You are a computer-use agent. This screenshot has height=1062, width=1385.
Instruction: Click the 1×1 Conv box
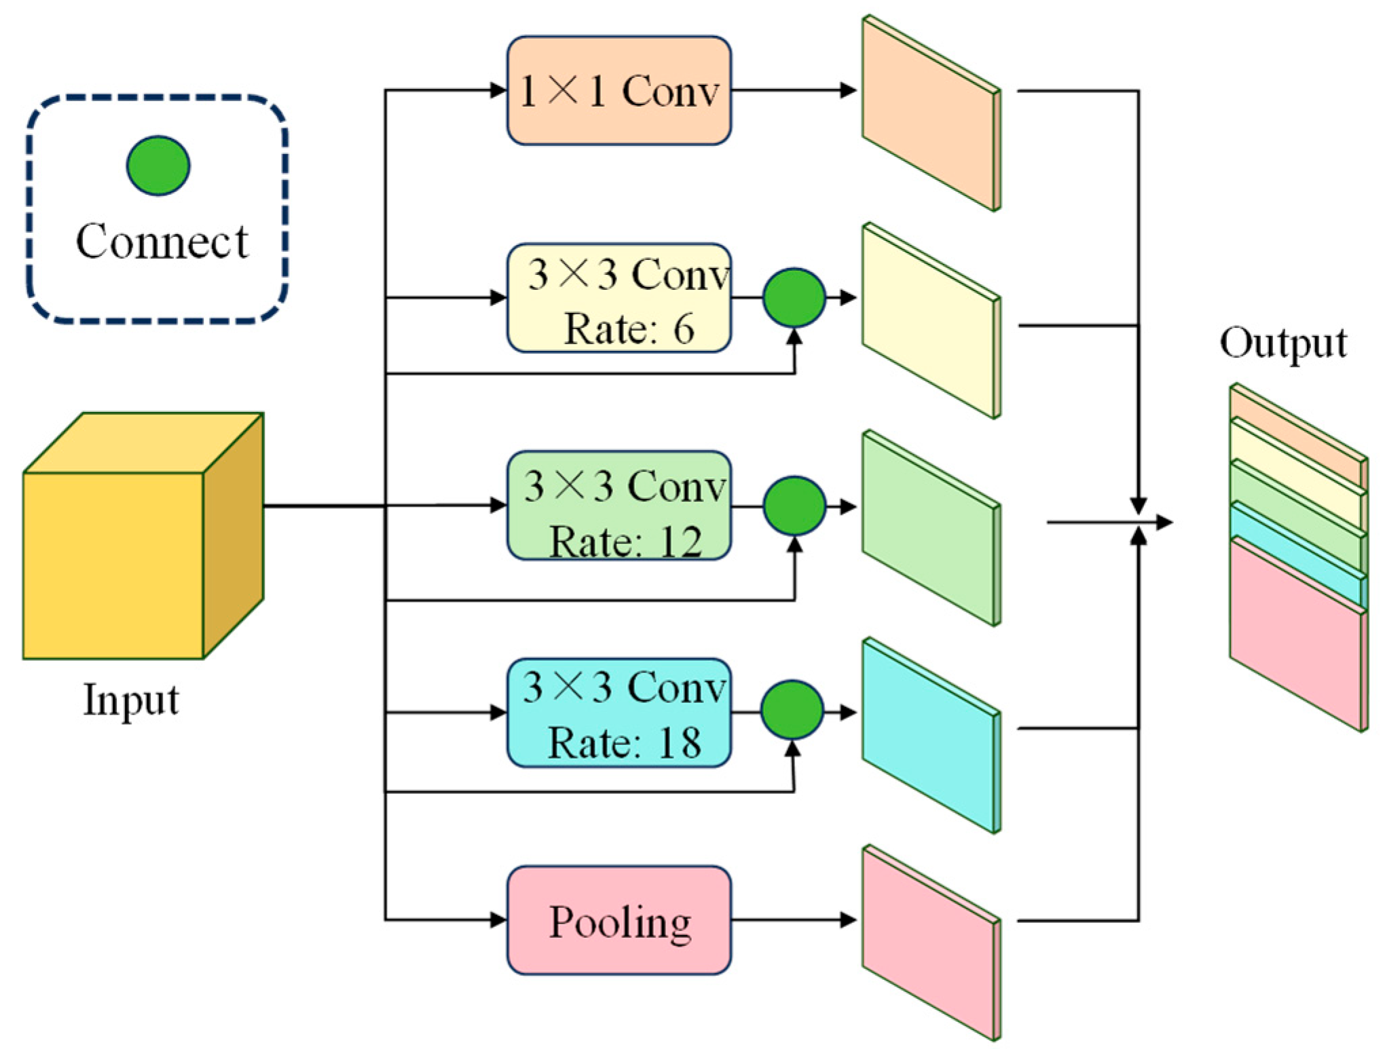pyautogui.click(x=618, y=90)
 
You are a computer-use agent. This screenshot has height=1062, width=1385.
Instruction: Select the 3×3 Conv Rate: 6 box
pyautogui.click(x=618, y=298)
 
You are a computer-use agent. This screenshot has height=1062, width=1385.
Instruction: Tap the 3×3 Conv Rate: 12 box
pyautogui.click(x=618, y=506)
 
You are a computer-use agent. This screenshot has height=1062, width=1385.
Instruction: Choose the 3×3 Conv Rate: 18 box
pyautogui.click(x=618, y=713)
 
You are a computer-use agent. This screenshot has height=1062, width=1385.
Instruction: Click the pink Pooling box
pyautogui.click(x=618, y=920)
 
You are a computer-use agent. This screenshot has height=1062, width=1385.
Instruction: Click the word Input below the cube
pyautogui.click(x=130, y=700)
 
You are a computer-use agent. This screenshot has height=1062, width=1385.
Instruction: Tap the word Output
pyautogui.click(x=1282, y=343)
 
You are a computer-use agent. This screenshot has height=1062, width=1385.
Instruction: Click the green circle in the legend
pyautogui.click(x=158, y=166)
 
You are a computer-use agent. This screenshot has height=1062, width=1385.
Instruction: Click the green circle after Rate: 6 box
pyautogui.click(x=794, y=298)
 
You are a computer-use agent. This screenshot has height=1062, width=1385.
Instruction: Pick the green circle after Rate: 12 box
pyautogui.click(x=794, y=506)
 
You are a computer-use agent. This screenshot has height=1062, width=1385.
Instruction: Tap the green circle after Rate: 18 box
pyautogui.click(x=792, y=710)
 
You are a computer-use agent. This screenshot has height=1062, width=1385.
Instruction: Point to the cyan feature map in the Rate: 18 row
pyautogui.click(x=928, y=737)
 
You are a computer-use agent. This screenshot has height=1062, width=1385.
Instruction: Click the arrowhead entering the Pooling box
pyautogui.click(x=498, y=920)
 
